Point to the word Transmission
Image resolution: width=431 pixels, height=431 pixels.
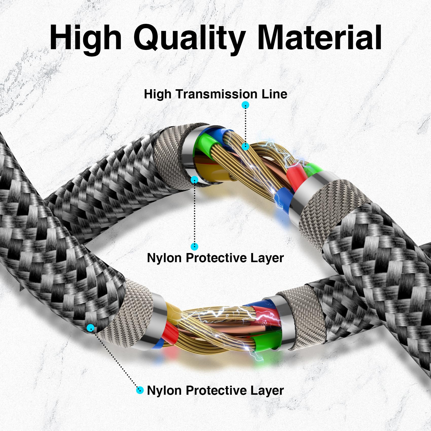click(217, 94)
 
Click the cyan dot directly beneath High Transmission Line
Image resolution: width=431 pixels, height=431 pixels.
click(245, 105)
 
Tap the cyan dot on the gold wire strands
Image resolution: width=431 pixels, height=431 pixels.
click(245, 146)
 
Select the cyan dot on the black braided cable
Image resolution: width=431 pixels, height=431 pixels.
click(91, 328)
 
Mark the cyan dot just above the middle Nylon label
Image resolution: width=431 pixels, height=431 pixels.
click(194, 246)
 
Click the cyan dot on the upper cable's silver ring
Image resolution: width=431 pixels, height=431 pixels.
click(194, 180)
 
